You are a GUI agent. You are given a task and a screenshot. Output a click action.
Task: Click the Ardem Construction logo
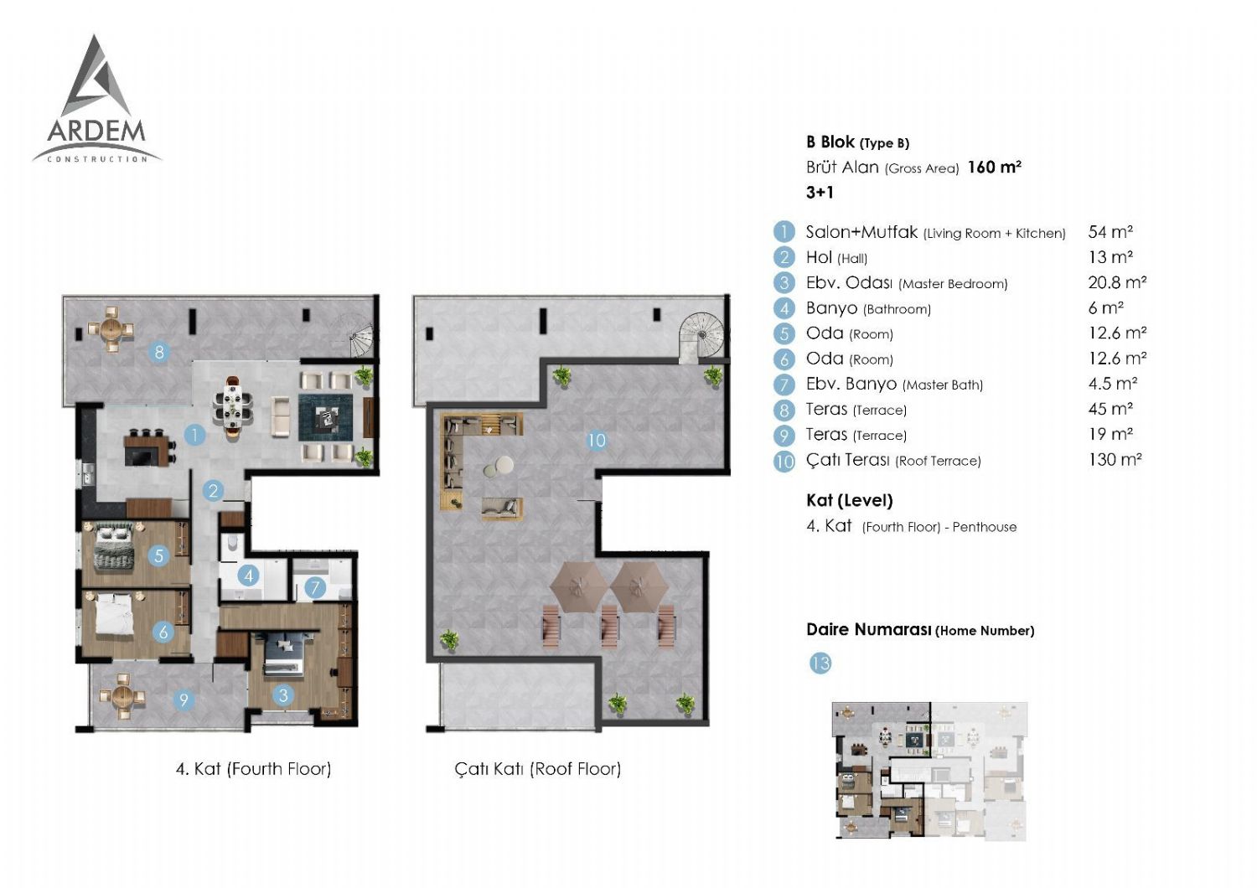pos(96,100)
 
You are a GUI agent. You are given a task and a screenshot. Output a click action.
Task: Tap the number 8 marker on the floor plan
pos(159,353)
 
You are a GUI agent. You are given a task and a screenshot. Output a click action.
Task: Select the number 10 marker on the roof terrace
pos(596,441)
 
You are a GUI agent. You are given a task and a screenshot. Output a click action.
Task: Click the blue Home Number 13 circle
pos(820,663)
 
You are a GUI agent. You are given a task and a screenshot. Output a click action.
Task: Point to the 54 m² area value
pos(1110,232)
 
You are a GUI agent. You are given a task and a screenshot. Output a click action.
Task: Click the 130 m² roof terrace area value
pos(1115,460)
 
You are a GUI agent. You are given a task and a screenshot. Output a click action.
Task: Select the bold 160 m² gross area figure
pos(994,168)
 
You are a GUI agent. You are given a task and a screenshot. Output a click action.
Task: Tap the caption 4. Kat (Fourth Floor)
pos(253,769)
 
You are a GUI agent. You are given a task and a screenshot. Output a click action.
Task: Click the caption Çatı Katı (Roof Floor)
pos(538,769)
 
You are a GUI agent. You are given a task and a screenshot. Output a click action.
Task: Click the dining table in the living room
pos(232,403)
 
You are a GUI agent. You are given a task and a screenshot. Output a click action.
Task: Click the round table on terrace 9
pos(122,696)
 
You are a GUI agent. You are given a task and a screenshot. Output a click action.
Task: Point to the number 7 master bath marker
pos(315,588)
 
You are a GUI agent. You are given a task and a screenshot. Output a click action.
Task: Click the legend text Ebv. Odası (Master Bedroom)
pos(907,282)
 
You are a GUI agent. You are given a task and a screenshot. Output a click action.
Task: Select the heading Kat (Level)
pos(850,500)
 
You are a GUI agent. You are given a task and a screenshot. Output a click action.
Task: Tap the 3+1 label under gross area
pos(820,193)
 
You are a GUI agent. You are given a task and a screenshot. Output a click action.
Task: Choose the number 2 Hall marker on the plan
pos(213,492)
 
